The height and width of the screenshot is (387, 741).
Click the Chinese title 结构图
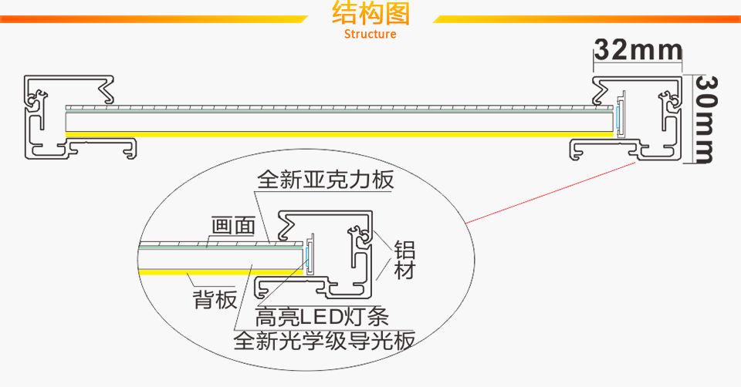click(x=370, y=15)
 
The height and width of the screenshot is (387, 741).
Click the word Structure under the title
click(x=370, y=34)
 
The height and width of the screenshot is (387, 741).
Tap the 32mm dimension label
click(x=638, y=51)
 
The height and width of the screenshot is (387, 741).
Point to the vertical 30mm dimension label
click(x=704, y=119)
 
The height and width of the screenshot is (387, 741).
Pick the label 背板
click(x=215, y=300)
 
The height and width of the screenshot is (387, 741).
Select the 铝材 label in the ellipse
click(x=404, y=261)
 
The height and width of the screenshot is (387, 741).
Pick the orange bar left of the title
click(x=154, y=19)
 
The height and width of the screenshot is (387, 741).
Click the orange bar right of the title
click(x=587, y=19)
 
